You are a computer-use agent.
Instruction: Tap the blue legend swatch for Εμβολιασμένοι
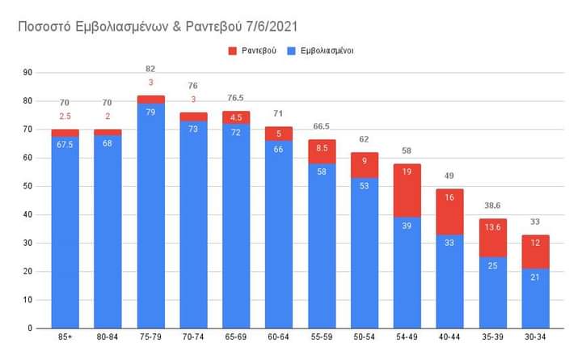[x=295, y=50]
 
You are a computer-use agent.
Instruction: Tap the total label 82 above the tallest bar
[x=150, y=69]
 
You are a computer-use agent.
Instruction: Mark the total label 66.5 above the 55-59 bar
[x=321, y=127]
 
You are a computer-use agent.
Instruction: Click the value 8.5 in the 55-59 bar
[x=321, y=149]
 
